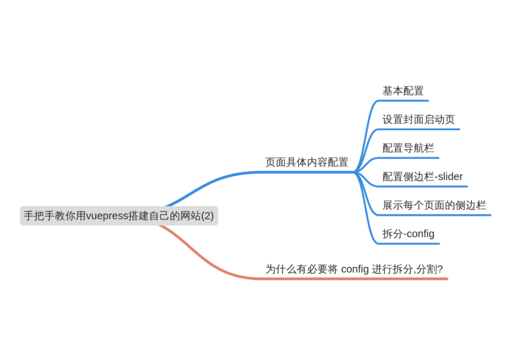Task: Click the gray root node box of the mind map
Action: coord(119,216)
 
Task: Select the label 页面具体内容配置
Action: coord(306,162)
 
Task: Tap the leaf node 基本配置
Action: coord(403,91)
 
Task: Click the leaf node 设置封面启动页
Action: coord(418,120)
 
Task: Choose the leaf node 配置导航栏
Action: coord(408,149)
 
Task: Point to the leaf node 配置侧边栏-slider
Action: coord(423,177)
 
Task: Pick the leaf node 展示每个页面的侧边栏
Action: coord(434,206)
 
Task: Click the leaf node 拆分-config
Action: coord(408,234)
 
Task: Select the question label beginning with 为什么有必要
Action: coord(354,269)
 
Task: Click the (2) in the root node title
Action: coord(206,216)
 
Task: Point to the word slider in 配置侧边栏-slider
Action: coord(450,177)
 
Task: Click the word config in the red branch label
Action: coord(355,269)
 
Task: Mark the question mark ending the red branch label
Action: coord(440,269)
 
